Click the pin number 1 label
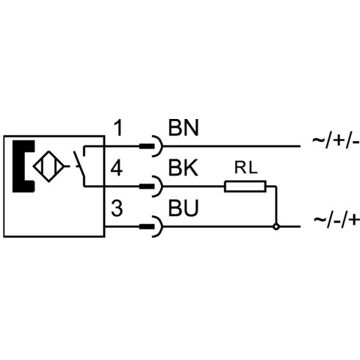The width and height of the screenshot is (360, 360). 118,128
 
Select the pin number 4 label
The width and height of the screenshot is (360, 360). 117,168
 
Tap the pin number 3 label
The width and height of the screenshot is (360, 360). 117,209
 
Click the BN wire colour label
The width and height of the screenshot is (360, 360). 183,128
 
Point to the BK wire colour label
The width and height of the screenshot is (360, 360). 183,168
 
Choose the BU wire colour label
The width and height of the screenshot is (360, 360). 183,208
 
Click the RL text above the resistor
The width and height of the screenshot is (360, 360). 246,168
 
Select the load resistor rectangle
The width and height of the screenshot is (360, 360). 245,187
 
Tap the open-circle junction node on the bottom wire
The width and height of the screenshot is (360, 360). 276,227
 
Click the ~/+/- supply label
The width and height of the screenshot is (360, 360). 336,141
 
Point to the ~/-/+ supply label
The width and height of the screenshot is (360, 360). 336,220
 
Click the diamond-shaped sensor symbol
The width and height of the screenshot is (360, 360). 48,167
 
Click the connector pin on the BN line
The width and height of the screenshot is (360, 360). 147,146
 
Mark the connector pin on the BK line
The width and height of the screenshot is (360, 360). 147,187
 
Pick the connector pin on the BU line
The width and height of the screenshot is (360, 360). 147,227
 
